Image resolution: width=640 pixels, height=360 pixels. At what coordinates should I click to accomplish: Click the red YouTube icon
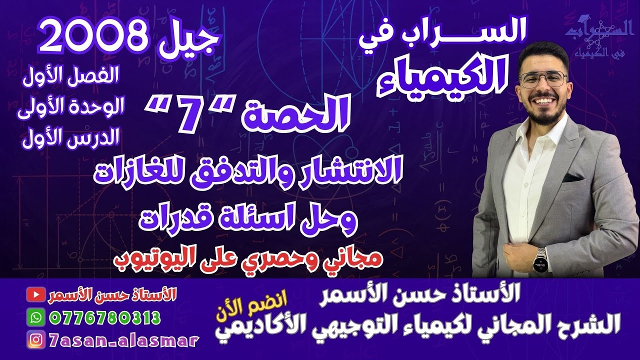point(34,295)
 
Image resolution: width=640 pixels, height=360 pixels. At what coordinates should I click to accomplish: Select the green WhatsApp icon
point(34,317)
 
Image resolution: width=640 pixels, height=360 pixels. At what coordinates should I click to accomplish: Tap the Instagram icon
point(34,340)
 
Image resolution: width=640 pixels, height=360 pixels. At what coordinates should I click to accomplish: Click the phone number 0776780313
point(105,317)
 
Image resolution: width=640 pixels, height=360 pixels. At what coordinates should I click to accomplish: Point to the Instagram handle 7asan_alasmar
point(124,340)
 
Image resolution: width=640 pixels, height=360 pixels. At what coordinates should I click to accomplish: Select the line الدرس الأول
point(69,137)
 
